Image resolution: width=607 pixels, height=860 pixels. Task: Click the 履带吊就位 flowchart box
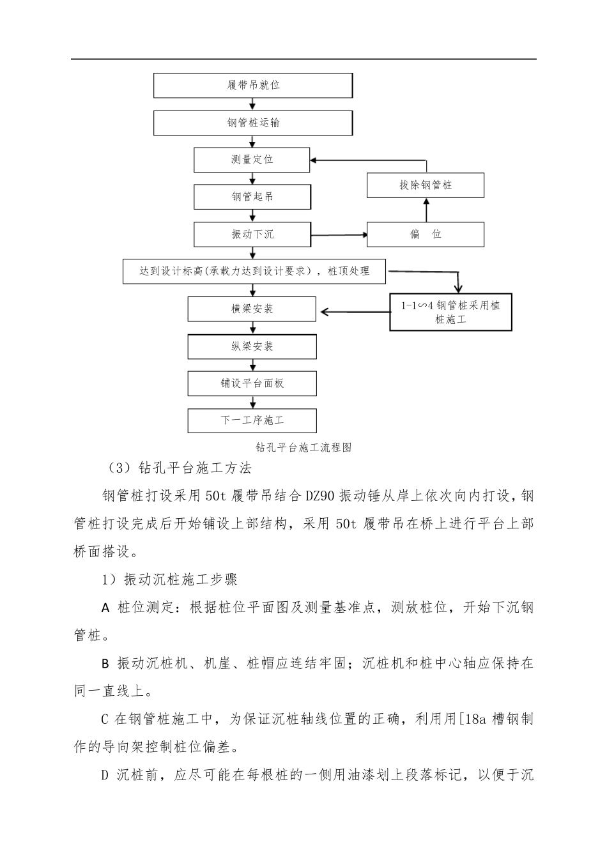click(x=253, y=85)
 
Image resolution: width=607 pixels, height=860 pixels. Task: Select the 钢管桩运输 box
click(x=253, y=123)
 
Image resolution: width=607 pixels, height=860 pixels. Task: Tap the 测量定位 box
click(x=252, y=160)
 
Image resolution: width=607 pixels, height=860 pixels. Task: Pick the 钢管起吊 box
click(x=252, y=197)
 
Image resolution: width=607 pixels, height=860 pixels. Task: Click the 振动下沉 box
click(x=252, y=234)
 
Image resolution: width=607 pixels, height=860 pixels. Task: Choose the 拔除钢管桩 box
click(x=425, y=185)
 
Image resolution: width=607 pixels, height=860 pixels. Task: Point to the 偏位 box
click(x=425, y=234)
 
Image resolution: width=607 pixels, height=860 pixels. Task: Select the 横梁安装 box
click(x=252, y=309)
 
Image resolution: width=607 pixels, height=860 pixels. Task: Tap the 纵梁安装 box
click(x=252, y=346)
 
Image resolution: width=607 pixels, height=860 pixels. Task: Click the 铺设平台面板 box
click(x=252, y=383)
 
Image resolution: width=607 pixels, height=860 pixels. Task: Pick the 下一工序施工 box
click(x=252, y=420)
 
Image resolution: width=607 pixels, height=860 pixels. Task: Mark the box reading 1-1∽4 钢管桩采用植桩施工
click(x=450, y=312)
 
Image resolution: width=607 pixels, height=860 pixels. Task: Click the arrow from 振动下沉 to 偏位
click(x=339, y=235)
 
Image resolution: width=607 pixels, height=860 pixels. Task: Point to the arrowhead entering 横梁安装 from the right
click(x=325, y=312)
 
